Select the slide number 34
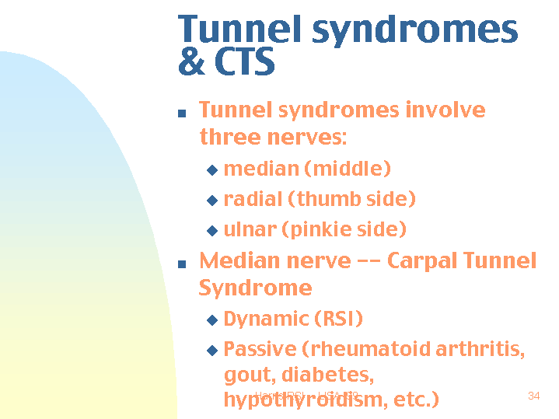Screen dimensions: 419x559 [533, 396]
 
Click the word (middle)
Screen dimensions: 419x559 [348, 169]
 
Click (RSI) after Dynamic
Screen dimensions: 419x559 [338, 319]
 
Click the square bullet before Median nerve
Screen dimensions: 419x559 [182, 264]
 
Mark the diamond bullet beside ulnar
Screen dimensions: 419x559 [211, 231]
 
